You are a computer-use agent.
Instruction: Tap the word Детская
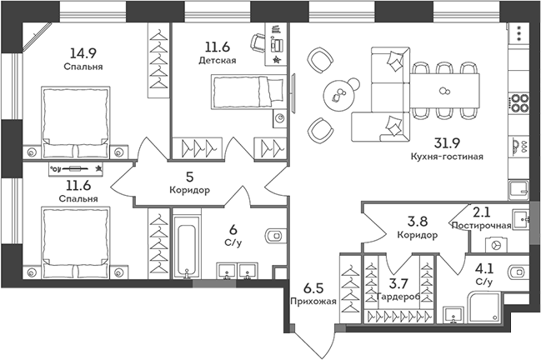[217, 60]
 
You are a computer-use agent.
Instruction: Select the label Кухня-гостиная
[448, 156]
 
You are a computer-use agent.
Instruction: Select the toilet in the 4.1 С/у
[518, 271]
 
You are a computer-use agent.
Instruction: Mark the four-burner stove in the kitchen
[521, 103]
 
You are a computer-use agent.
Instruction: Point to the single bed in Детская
[247, 89]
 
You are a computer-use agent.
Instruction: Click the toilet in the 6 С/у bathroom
[273, 235]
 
